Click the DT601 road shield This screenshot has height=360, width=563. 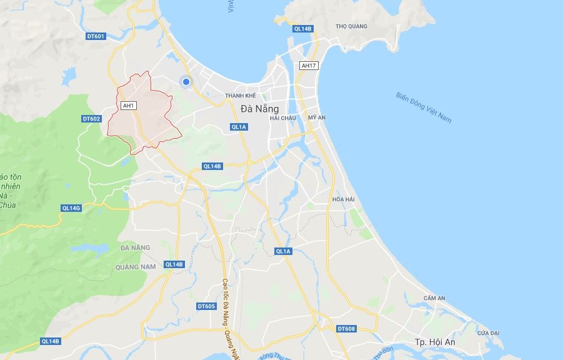(x=96, y=36)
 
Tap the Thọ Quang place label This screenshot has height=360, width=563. (x=351, y=26)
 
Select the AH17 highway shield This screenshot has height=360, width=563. (x=309, y=65)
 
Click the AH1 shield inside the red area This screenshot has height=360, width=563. (x=129, y=106)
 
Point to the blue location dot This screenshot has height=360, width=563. (x=186, y=81)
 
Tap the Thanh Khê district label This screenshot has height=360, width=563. (x=241, y=96)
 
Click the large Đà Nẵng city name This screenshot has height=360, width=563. (x=259, y=108)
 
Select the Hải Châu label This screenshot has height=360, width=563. (x=282, y=118)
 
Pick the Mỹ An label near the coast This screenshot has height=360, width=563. (x=317, y=117)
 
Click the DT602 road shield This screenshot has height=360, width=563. (x=91, y=119)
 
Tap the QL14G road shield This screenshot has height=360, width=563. (x=71, y=207)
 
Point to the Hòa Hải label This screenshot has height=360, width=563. (x=343, y=199)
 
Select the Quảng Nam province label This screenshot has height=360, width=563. (x=135, y=267)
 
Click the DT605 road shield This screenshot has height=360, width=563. (x=206, y=306)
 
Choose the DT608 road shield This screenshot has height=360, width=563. (x=346, y=329)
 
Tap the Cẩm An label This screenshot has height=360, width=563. (x=434, y=298)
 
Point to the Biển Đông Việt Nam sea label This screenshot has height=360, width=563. (x=424, y=107)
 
